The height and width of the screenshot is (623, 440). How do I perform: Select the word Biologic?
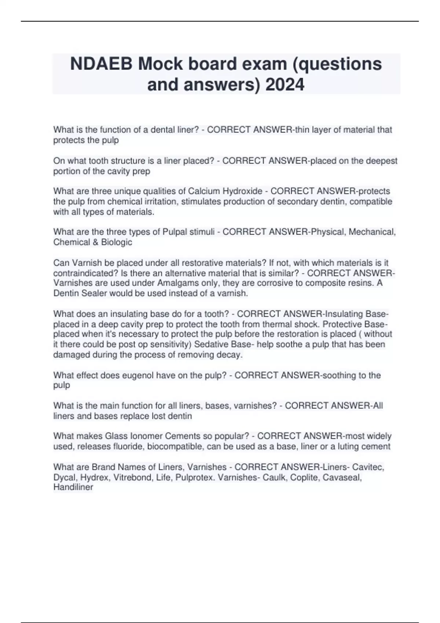tap(116, 242)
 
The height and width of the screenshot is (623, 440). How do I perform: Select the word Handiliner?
tap(73, 487)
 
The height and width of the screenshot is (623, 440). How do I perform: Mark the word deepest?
tap(381, 161)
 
